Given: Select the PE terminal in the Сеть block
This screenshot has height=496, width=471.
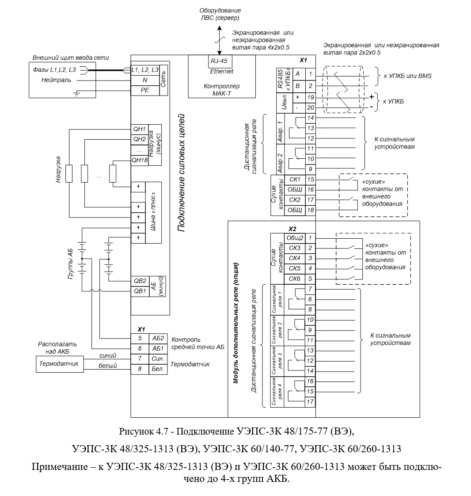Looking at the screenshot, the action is (x=145, y=90).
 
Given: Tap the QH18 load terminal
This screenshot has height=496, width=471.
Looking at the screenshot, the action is (x=140, y=160).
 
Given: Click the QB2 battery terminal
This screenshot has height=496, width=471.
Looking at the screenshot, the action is (x=140, y=281).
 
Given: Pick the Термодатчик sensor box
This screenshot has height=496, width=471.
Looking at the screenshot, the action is (x=60, y=364).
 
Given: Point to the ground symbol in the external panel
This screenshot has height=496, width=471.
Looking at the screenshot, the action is (x=76, y=93).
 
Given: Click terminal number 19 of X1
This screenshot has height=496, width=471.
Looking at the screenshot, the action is (x=311, y=97).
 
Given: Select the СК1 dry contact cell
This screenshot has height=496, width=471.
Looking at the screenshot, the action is (x=295, y=179).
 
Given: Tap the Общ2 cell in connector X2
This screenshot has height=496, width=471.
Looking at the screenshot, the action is (x=295, y=238).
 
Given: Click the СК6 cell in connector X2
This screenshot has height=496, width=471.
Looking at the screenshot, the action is (x=295, y=279).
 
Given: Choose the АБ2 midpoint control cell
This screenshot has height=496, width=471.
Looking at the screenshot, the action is (x=158, y=339).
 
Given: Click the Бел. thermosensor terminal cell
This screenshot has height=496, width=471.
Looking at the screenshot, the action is (x=158, y=369).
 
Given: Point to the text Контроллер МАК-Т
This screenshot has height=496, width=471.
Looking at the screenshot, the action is (x=222, y=90).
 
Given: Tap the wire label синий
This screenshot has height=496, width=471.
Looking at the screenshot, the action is (x=107, y=355).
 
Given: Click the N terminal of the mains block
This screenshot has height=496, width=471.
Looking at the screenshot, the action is (x=145, y=80).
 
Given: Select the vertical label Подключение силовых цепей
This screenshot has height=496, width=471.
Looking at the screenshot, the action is (x=181, y=173).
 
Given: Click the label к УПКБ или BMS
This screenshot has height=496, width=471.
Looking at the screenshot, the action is (x=407, y=76).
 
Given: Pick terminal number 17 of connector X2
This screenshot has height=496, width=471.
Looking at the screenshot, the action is (x=311, y=402).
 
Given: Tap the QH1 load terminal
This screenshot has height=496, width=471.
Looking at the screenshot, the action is (x=140, y=130).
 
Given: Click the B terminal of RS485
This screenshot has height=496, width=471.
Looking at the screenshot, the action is (x=297, y=86).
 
